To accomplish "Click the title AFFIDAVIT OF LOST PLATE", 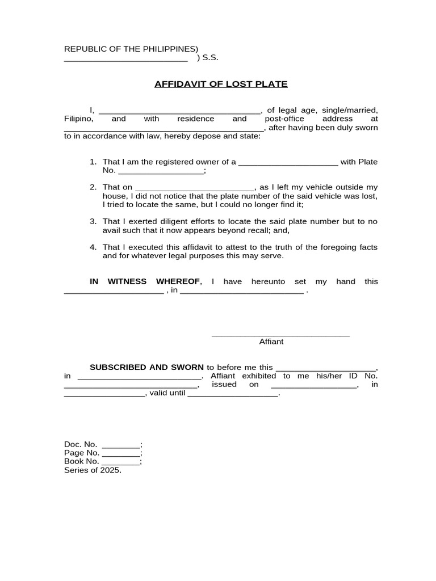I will [221, 84].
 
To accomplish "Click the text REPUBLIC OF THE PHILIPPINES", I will [131, 49].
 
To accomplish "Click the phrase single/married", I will [350, 110].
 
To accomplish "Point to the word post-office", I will [284, 119].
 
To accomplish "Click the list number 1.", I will [93, 162].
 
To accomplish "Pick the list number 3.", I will [93, 221].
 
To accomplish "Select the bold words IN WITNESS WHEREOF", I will [145, 281].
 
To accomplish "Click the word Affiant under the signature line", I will [271, 342].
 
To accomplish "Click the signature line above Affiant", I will [280, 335].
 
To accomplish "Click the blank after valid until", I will [233, 394].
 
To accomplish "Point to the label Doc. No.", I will [81, 444].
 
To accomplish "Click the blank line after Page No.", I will [120, 453].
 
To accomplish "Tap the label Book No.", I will [82, 461].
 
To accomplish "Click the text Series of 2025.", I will [93, 470].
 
